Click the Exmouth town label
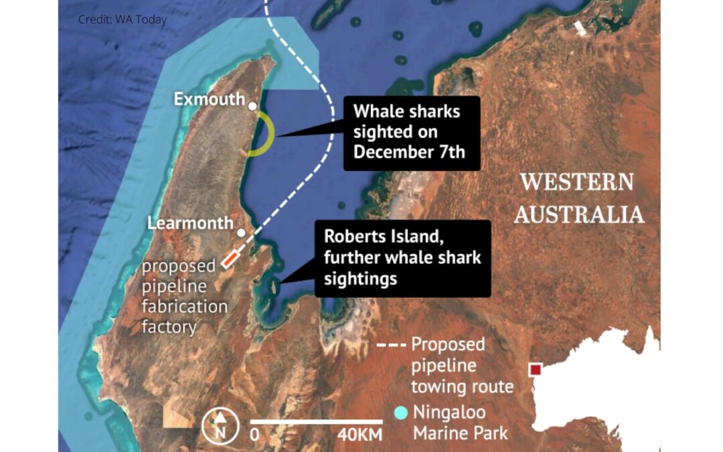(209, 99)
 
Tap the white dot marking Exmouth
(252, 106)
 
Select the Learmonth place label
(190, 223)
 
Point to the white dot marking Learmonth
(241, 232)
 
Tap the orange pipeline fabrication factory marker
(230, 259)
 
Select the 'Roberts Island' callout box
(402, 258)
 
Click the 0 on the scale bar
(254, 434)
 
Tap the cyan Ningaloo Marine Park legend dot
(401, 412)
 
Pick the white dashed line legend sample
(391, 346)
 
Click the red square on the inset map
(535, 370)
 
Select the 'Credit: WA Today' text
(123, 19)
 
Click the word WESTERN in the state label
(577, 181)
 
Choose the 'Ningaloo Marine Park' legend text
(461, 423)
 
